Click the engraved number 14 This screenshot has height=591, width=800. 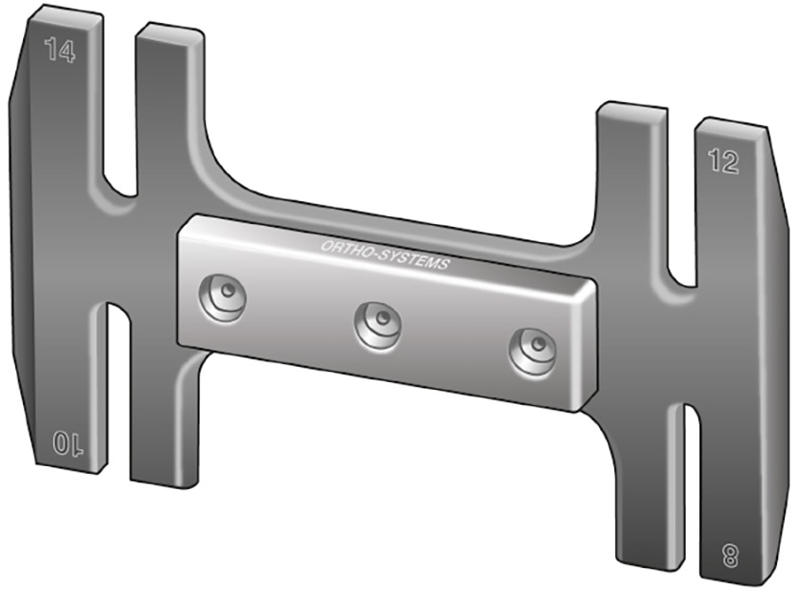click(60, 51)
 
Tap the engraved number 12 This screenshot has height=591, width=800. click(723, 161)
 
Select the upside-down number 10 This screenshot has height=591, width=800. click(68, 443)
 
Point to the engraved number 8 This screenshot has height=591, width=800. click(730, 555)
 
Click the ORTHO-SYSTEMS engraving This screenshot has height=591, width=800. click(385, 255)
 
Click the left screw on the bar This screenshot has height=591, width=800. click(223, 297)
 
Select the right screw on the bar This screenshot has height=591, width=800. click(532, 352)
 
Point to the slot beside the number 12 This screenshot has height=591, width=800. click(681, 199)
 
